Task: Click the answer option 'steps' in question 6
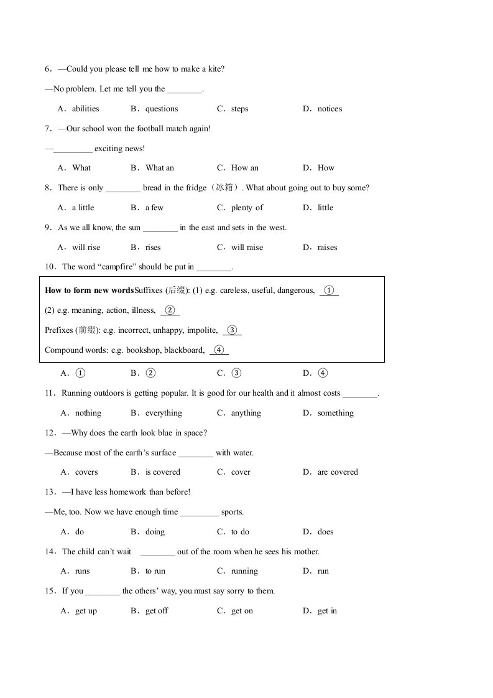click(x=239, y=109)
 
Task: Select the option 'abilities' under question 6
click(x=85, y=109)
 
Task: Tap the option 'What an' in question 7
click(x=160, y=168)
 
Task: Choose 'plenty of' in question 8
click(x=247, y=208)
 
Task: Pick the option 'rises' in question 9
click(x=153, y=248)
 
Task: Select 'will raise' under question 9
click(x=247, y=248)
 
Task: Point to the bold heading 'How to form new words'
click(x=90, y=291)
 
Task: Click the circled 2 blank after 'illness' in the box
click(x=170, y=310)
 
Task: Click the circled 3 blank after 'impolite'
click(x=232, y=330)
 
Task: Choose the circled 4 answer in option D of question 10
click(x=323, y=373)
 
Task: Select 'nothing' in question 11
click(x=88, y=413)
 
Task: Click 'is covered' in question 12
click(x=163, y=472)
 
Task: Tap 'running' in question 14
click(x=244, y=571)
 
